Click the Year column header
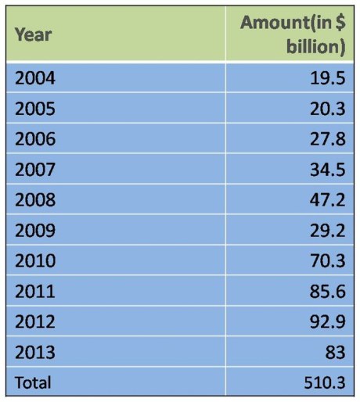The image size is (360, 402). pyautogui.click(x=33, y=34)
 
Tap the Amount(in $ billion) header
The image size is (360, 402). pyautogui.click(x=293, y=34)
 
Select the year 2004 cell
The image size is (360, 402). pyautogui.click(x=35, y=78)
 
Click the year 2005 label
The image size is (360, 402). pyautogui.click(x=35, y=109)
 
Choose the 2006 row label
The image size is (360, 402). pyautogui.click(x=35, y=139)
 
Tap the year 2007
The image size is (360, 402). pyautogui.click(x=35, y=170)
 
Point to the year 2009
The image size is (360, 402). pyautogui.click(x=35, y=231)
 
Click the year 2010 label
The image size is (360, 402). pyautogui.click(x=35, y=261)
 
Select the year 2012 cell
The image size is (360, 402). pyautogui.click(x=35, y=322)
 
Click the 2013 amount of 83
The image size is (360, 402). pyautogui.click(x=334, y=353)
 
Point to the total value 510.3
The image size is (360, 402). pyautogui.click(x=323, y=382)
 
